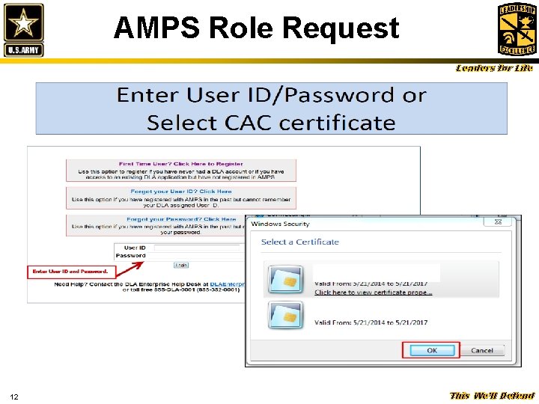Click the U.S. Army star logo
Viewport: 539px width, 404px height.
24,29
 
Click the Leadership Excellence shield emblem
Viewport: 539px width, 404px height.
517,29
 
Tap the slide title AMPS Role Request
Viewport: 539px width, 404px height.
256,28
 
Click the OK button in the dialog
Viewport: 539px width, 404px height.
432,350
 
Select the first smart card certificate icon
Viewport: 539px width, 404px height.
285,279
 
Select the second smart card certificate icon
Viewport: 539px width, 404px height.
285,316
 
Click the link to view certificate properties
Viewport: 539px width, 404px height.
373,293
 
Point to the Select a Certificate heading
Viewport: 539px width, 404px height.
299,242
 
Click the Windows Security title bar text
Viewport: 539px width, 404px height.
281,224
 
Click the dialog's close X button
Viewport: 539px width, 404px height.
497,221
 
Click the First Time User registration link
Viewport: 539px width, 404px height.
180,164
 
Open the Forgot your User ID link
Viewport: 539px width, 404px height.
180,192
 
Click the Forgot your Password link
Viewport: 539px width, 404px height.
180,219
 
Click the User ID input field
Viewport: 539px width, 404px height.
195,248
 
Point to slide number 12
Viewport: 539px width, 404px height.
14,396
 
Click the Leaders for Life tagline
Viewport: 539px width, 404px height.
495,69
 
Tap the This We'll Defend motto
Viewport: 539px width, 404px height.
492,396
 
